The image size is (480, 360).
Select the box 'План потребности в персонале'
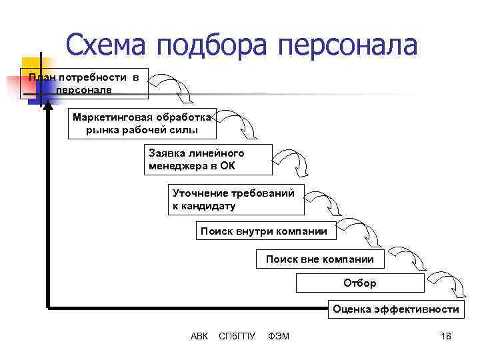click(84, 83)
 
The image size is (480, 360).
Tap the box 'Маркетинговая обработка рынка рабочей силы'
click(141, 123)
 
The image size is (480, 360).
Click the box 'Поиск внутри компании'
click(264, 231)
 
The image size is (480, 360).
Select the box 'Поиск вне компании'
click(320, 259)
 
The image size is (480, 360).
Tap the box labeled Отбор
click(360, 283)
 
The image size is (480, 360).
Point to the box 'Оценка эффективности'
click(396, 309)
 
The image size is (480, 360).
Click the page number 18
click(446, 336)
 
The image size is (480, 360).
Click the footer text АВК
click(199, 336)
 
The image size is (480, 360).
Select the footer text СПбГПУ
click(237, 336)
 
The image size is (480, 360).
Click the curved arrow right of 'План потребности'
click(171, 87)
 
